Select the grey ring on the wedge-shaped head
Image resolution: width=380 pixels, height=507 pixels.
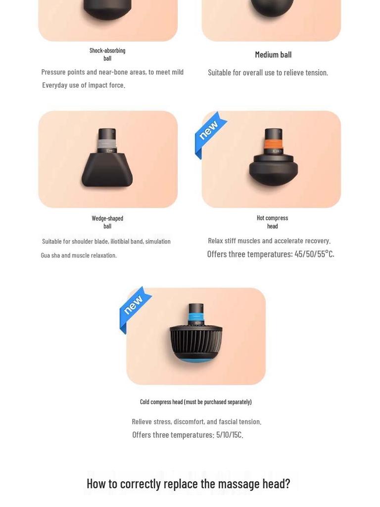click(x=107, y=144)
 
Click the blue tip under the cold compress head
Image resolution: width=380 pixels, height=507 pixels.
click(x=195, y=359)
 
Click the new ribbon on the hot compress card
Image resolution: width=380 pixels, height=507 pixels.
click(x=209, y=133)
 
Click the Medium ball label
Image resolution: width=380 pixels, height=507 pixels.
click(x=273, y=54)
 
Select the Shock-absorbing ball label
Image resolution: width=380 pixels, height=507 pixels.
click(x=107, y=54)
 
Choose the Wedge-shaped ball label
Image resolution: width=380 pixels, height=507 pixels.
click(x=107, y=222)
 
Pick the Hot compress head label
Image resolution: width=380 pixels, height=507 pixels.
click(x=273, y=222)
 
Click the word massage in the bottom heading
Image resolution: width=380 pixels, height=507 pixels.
click(x=239, y=484)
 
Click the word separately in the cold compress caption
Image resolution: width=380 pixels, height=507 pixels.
click(x=239, y=402)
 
